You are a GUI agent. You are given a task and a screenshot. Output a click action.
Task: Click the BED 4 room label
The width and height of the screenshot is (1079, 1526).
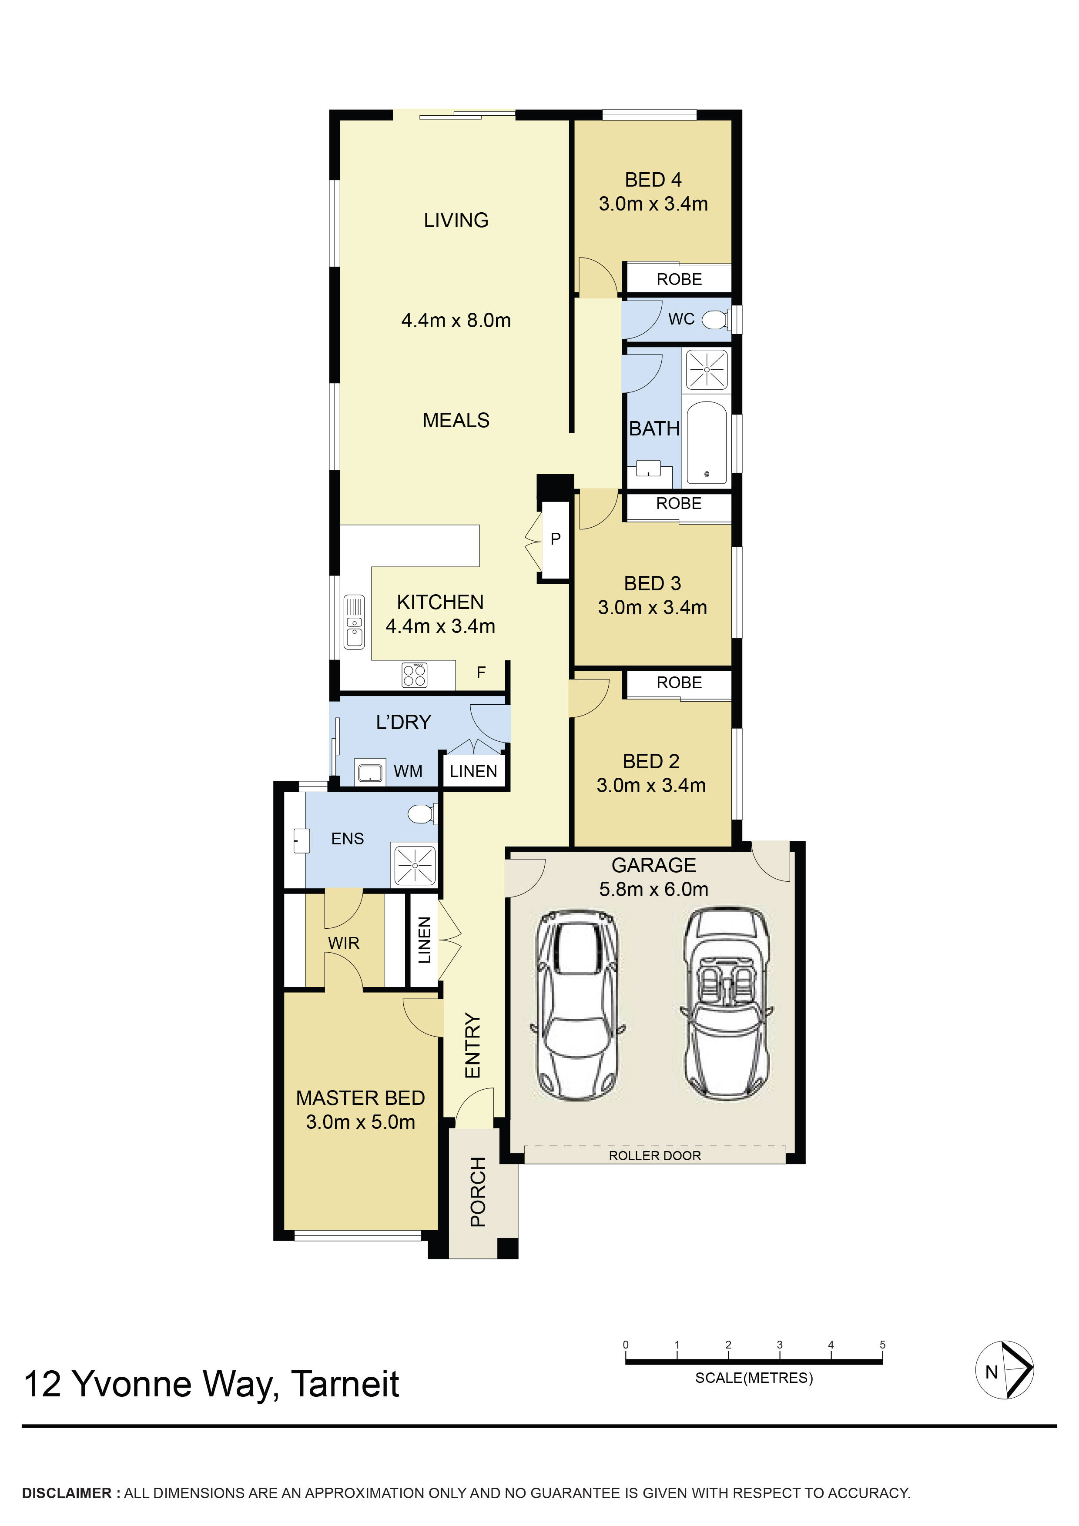[x=653, y=180]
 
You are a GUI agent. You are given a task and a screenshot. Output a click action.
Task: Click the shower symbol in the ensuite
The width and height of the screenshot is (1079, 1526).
[x=415, y=865]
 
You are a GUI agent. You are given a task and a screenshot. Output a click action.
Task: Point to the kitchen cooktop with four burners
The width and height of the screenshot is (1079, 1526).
[x=414, y=675]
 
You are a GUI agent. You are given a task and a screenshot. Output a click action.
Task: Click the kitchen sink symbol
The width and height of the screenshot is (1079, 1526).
[x=354, y=622]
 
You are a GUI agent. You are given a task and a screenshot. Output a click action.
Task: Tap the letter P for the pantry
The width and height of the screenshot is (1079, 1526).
[x=556, y=539]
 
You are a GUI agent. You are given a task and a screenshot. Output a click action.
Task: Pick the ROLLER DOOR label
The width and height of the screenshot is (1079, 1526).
[x=655, y=1156]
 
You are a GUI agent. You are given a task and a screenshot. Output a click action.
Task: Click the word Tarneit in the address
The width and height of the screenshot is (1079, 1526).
[x=345, y=1385]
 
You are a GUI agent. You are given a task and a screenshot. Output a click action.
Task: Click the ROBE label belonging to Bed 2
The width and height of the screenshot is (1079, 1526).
[x=679, y=683]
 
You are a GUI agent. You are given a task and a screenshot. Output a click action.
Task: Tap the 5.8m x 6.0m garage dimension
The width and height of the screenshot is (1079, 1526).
[x=653, y=889]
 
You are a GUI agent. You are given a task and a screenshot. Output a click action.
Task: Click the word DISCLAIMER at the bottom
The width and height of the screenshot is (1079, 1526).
[x=67, y=1493]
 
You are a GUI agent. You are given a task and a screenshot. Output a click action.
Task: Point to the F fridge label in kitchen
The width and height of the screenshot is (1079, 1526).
[x=481, y=673]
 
